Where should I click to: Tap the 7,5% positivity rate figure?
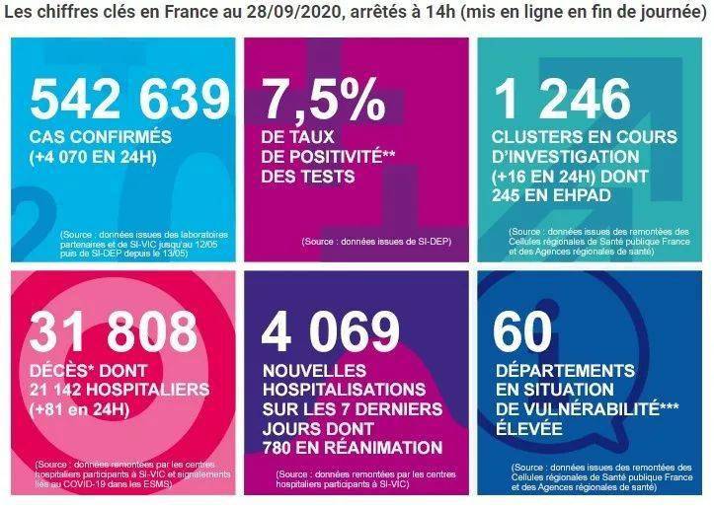(x=322, y=99)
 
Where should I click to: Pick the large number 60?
(x=524, y=332)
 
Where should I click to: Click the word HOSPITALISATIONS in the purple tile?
(x=345, y=390)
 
